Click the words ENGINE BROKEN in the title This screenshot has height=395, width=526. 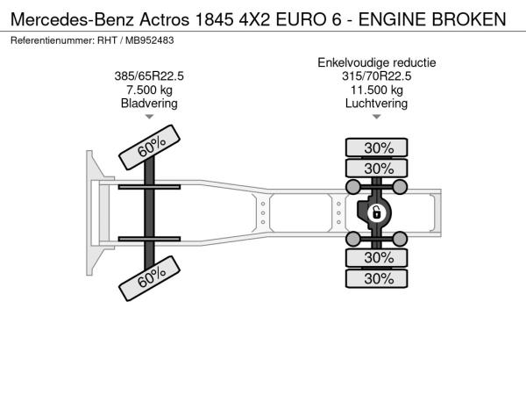[x=432, y=19]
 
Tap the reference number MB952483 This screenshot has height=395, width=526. [x=150, y=40]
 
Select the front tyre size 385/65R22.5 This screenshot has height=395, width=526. [x=149, y=76]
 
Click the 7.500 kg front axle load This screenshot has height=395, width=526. [x=149, y=90]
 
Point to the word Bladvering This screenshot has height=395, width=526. [x=149, y=104]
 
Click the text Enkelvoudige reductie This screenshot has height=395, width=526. [x=377, y=63]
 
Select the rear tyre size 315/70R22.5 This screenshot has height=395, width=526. [x=376, y=76]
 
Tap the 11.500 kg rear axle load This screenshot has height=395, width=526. [x=377, y=90]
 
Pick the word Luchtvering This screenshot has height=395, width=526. [x=376, y=104]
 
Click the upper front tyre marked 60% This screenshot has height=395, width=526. [x=150, y=147]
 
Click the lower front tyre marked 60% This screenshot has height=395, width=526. [x=150, y=278]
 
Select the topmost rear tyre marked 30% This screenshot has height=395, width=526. [x=377, y=147]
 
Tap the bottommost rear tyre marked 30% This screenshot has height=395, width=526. [x=377, y=278]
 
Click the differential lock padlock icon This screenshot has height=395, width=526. [x=376, y=213]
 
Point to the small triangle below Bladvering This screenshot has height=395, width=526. [x=149, y=117]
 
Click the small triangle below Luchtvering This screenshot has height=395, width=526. [x=377, y=117]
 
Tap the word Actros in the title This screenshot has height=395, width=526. [x=165, y=19]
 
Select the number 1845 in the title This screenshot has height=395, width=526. [x=214, y=19]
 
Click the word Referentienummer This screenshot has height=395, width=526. [x=53, y=40]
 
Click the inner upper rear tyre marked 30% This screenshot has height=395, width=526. [x=377, y=168]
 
